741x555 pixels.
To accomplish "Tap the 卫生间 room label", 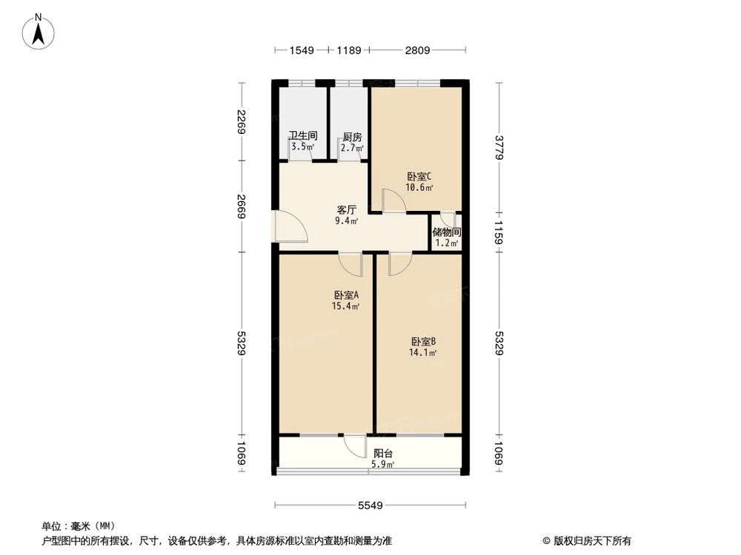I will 303,136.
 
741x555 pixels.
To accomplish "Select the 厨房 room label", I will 352,137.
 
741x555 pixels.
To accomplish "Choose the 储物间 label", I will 447,232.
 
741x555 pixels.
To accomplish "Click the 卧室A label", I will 346,295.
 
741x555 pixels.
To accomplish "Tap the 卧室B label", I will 424,342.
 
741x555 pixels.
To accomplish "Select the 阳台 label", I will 383,454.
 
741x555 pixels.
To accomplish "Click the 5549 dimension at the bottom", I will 370,505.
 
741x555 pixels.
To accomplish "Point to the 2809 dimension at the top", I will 418,51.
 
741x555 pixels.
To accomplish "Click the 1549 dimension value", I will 302,51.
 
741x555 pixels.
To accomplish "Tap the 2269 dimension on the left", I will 240,121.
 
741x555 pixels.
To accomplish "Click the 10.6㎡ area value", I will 419,187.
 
